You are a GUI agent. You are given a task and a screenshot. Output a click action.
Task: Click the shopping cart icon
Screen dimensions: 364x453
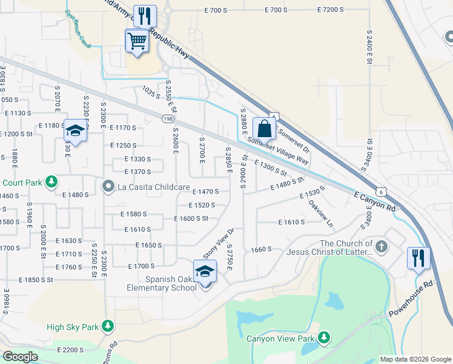point(137,41)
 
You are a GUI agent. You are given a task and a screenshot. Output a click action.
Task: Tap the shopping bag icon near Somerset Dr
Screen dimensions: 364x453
point(264,129)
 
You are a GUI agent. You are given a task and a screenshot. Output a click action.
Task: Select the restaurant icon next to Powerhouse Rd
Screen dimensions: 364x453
point(418,257)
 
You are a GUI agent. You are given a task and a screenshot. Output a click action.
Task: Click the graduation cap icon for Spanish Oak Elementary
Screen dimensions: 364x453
point(205,271)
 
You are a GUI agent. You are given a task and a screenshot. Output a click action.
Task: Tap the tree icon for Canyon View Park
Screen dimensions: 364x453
point(324,337)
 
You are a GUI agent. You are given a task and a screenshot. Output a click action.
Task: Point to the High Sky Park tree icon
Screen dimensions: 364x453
point(108,327)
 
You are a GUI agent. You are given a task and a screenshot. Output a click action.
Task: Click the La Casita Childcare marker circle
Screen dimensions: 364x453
point(108,185)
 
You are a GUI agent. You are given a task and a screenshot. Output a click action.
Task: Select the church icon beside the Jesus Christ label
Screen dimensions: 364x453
point(381,246)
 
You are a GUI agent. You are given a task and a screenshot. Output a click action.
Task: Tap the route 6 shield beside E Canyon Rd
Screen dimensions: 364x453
point(384,191)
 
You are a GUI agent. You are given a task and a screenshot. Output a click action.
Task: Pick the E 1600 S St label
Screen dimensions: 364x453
point(191,218)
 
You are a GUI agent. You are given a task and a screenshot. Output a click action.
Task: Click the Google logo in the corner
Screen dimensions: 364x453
point(20,356)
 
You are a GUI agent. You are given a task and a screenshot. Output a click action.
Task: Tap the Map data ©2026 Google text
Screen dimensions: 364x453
point(415,359)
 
